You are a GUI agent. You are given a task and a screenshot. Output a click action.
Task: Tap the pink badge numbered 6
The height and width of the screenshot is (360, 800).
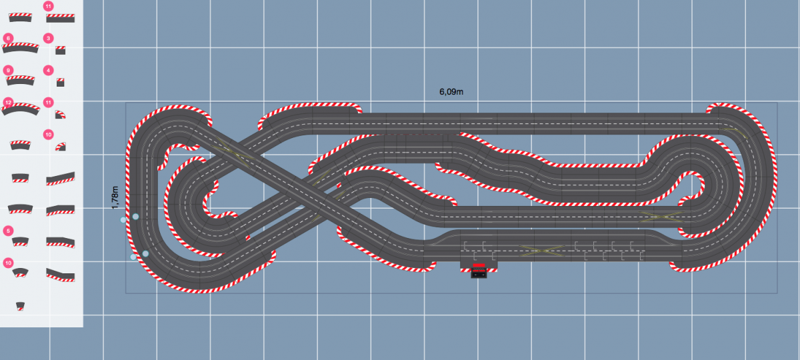pos(8,39)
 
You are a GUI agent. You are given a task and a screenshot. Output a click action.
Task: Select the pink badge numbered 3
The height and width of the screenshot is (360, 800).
pos(49,39)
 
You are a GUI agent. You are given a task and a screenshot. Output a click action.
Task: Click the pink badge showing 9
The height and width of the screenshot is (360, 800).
pos(8,70)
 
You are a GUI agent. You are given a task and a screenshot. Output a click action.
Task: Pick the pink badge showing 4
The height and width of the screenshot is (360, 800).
pos(49,70)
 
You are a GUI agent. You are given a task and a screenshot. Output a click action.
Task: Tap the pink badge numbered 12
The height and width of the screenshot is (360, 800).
pos(8,102)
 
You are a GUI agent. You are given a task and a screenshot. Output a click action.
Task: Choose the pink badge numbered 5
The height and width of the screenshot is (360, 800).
pos(8,231)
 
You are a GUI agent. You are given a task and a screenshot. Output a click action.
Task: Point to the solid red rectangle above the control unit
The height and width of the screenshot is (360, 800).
pos(479,265)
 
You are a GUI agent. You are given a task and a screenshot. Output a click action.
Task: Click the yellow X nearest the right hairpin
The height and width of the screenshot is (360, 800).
pos(660,216)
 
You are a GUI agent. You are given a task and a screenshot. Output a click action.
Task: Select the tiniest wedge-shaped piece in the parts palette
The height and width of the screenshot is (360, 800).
pos(21,306)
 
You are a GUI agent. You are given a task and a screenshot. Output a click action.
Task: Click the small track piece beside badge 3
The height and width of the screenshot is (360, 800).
pos(61,50)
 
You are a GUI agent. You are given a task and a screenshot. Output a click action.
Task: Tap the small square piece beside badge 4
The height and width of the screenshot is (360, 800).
pos(61,82)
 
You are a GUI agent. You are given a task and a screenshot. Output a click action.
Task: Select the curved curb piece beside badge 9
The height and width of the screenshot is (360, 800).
pos(20,80)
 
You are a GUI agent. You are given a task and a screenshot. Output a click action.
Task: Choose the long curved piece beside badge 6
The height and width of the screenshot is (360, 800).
pos(21,48)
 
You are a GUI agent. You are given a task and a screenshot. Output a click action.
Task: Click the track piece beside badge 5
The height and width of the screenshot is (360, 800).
pos(20,241)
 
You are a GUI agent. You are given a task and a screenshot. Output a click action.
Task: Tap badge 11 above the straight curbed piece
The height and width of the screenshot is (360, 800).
pos(49,6)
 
